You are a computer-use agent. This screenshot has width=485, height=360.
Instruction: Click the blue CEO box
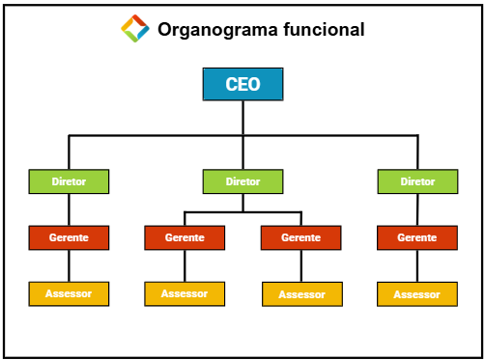[x=242, y=84]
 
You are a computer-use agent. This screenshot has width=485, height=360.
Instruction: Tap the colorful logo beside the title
[x=135, y=29]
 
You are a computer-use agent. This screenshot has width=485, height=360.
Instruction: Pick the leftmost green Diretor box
[x=69, y=180]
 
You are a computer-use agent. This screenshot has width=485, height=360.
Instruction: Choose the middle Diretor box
[x=242, y=180]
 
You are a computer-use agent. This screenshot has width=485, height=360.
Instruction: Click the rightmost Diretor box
[x=417, y=180]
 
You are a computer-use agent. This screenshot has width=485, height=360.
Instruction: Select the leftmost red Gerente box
[x=69, y=237]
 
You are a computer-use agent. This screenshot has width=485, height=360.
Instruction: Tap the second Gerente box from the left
[x=185, y=237]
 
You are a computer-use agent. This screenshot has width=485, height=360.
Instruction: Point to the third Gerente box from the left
[x=300, y=237]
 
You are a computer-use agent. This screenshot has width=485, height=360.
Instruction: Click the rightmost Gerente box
[x=417, y=237]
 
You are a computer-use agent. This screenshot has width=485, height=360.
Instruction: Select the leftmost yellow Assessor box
[x=69, y=293]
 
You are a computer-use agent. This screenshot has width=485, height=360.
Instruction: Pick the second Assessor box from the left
[x=185, y=293]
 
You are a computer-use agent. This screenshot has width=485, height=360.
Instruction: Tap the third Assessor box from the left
[x=301, y=294]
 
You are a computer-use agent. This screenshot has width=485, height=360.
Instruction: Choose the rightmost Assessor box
[x=417, y=294]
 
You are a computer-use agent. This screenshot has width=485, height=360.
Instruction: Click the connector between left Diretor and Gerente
[x=69, y=208]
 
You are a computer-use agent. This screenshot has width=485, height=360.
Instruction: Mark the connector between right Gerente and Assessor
[x=417, y=265]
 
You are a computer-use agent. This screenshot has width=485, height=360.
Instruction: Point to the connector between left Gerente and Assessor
[x=69, y=265]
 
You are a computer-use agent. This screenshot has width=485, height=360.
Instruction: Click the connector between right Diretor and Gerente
[x=417, y=208]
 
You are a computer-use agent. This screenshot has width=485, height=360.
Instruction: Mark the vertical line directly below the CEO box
[x=242, y=118]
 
